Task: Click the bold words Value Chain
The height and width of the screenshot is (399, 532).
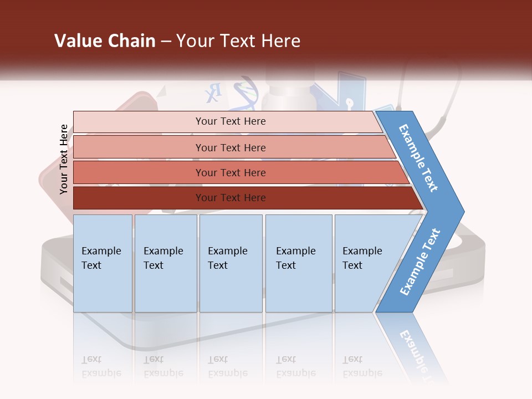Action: click(x=105, y=41)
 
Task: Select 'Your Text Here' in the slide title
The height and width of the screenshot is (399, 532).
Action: click(x=238, y=41)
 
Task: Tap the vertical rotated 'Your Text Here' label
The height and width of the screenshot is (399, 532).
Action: click(x=64, y=160)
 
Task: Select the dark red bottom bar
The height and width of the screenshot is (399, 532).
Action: click(x=139, y=198)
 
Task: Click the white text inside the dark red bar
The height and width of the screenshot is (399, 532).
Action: click(x=231, y=198)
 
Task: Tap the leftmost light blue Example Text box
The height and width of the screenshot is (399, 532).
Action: click(x=103, y=263)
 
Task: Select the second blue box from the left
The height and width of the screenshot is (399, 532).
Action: click(x=166, y=263)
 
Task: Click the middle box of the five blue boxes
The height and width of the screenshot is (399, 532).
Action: click(x=231, y=263)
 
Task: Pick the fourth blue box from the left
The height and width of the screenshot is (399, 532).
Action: click(x=299, y=263)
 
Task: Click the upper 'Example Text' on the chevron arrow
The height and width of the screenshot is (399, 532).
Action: click(x=419, y=158)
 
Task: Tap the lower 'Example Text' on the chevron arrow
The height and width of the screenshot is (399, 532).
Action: click(x=420, y=262)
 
